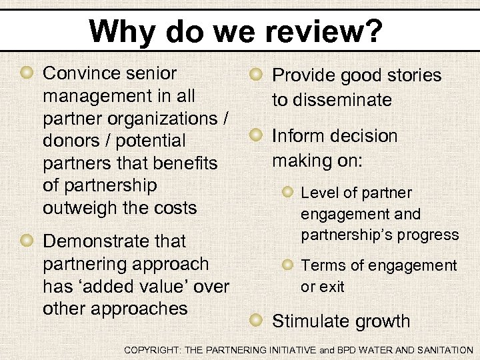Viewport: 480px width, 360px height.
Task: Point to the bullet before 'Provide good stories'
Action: point(256,75)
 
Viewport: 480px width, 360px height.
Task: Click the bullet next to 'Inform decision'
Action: point(256,135)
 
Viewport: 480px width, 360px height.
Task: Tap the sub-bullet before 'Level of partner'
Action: point(287,192)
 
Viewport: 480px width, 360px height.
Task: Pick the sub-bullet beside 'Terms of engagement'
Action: point(287,265)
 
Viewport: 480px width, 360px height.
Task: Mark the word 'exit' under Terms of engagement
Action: point(332,287)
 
